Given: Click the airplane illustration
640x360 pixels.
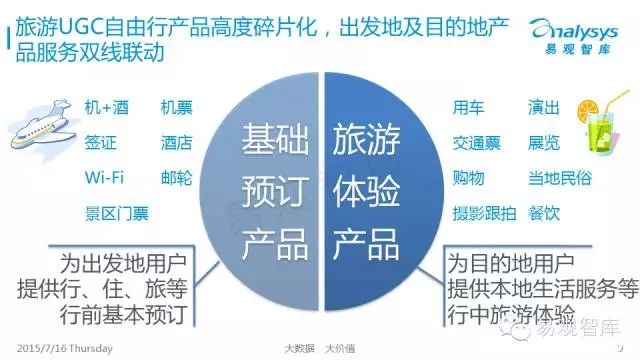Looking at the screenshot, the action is coord(42,127).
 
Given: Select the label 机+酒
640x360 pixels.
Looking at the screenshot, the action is coord(107,108).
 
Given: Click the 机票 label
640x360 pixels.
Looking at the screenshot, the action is coord(176,108).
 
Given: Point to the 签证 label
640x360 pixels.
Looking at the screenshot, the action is coord(100,143).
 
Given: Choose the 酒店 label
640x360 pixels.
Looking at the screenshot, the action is coord(176,143).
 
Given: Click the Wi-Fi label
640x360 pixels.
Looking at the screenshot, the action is coord(104,178).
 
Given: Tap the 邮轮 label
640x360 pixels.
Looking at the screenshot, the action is coord(176,178).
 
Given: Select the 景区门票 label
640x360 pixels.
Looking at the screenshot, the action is coord(117,213).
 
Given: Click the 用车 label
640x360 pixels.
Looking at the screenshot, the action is coord(468,108).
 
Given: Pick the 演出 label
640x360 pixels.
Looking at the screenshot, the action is coord(544,108).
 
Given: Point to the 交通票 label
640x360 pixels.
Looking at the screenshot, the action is coord(476,143).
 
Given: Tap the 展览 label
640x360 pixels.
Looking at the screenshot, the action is coord(544,143).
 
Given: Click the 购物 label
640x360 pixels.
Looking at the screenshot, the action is coord(468,178).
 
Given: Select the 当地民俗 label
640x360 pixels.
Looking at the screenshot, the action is coord(560,178).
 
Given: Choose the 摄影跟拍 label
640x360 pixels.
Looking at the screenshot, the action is coord(484,213).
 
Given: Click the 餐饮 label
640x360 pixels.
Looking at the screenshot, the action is coord(544,213).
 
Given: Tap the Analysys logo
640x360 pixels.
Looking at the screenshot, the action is coord(574,36).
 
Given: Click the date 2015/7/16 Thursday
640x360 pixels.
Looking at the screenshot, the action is coord(64,349).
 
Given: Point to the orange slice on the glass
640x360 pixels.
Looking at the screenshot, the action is coord(588,110).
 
